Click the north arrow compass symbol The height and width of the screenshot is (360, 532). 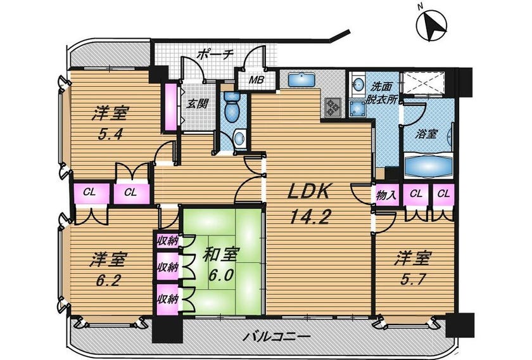point(431,26)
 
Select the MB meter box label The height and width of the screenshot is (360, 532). point(256,80)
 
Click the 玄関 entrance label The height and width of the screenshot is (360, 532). point(197,103)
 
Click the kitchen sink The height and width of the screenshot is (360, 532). point(301,80)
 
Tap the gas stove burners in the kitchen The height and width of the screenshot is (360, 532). point(332,106)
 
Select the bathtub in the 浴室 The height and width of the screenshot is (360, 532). point(428,166)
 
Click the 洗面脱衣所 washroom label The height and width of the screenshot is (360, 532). point(382,93)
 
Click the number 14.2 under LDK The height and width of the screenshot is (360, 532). point(310,216)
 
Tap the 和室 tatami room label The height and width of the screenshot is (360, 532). point(221,254)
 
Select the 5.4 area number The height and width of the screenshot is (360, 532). point(110,134)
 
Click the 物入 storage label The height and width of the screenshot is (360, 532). point(386,195)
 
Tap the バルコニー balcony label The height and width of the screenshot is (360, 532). point(277,337)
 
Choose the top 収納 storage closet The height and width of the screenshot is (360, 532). point(167,241)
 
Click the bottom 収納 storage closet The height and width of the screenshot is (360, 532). point(167,299)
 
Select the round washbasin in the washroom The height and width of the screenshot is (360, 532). point(357,84)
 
